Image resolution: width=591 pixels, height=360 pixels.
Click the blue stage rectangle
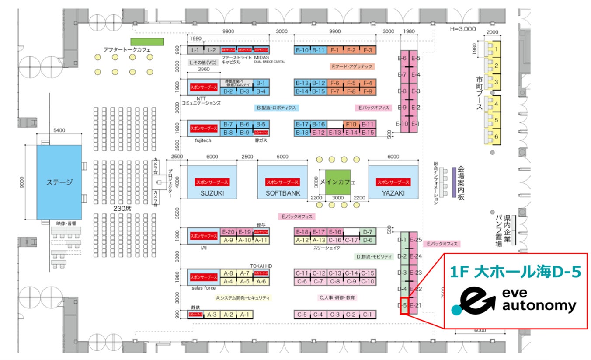[59, 182]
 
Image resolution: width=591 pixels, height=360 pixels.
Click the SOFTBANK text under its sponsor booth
[282, 193]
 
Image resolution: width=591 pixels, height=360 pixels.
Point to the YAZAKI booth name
[393, 193]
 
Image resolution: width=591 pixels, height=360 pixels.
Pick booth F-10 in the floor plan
[351, 124]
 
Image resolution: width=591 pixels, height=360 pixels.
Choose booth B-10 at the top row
[302, 50]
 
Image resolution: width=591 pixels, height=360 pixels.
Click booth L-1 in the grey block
[195, 50]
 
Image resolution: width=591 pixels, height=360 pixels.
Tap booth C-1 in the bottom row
[367, 314]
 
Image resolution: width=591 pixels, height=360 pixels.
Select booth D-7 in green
[368, 232]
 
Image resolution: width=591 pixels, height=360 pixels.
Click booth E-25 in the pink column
[416, 240]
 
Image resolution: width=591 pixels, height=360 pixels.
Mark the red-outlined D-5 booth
[403, 306]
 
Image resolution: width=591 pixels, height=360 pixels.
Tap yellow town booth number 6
[496, 136]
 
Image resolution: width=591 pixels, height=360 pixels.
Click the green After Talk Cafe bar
[147, 42]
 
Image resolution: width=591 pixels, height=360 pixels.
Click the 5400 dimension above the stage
[59, 130]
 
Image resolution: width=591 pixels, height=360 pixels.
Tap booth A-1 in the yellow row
[245, 314]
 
